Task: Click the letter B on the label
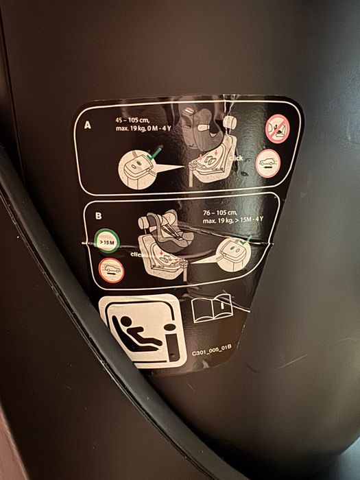click(x=98, y=215)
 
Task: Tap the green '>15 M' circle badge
click(x=107, y=243)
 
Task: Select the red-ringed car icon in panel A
click(x=267, y=163)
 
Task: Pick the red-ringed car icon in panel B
click(x=111, y=270)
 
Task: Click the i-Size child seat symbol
click(x=142, y=332)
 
